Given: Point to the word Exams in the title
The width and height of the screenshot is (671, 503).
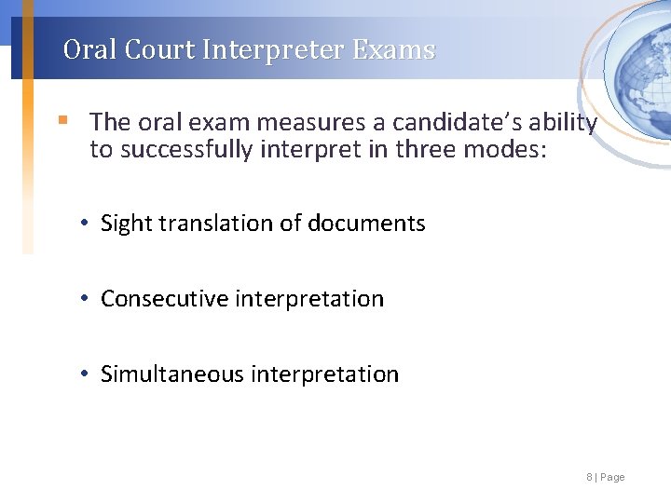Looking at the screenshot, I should pyautogui.click(x=394, y=49).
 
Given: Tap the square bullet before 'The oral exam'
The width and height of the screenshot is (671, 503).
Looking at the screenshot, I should pyautogui.click(x=62, y=120).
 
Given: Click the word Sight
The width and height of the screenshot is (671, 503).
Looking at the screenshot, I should pyautogui.click(x=126, y=224).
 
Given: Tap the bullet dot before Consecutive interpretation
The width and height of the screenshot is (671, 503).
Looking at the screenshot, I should pyautogui.click(x=85, y=298).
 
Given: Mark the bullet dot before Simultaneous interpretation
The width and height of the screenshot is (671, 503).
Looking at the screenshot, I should pyautogui.click(x=85, y=374).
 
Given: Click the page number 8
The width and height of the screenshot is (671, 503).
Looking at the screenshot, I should pyautogui.click(x=589, y=478).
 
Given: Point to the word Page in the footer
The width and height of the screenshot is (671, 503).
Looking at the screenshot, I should pyautogui.click(x=613, y=478).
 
